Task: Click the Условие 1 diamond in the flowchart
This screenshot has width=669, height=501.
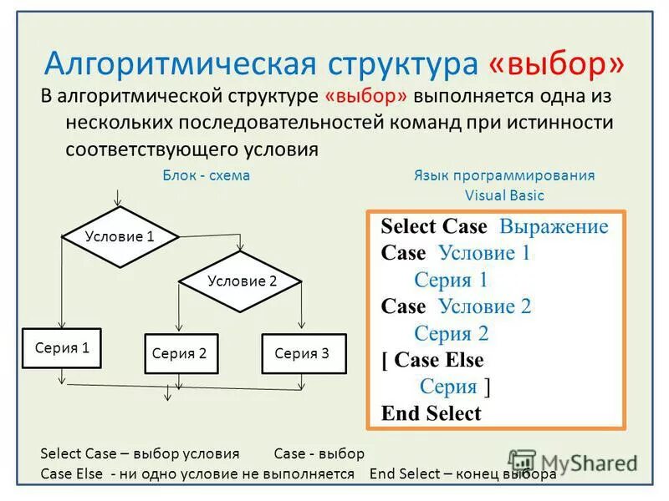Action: pos(120,236)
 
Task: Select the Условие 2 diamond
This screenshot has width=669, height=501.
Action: pos(242,281)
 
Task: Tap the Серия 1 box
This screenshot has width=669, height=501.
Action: pos(62,348)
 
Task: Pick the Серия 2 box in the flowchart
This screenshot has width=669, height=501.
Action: pos(179,353)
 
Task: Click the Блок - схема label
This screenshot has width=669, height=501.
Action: pos(206,175)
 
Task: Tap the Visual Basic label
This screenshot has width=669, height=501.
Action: pos(504,195)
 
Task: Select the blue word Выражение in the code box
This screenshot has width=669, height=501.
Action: pos(554,227)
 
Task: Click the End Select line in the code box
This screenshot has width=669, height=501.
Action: pos(431,413)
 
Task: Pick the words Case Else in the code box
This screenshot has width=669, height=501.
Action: pos(438,361)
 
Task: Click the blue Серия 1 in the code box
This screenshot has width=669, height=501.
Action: pos(451,280)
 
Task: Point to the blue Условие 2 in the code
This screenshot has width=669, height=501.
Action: pos(484,306)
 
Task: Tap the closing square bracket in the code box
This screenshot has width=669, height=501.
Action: pos(487,387)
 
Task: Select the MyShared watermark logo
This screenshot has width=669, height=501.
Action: pos(574,462)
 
